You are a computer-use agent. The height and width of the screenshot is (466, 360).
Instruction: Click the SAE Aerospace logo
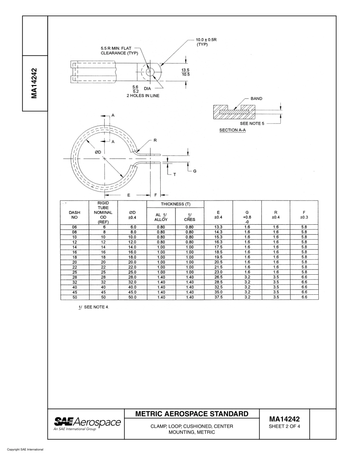point(87,424)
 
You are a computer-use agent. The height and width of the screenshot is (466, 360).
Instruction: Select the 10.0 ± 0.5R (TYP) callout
point(206,42)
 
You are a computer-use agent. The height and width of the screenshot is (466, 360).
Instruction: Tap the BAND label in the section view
point(256,99)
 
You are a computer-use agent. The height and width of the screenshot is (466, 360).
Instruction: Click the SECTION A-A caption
point(232,130)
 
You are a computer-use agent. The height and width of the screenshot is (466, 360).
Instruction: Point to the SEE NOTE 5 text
point(252,123)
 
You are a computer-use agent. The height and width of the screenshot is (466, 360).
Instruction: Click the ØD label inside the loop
point(97,152)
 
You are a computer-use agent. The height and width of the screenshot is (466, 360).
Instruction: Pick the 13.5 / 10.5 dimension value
point(185,72)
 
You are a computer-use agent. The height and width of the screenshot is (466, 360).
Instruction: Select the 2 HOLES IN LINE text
point(143,96)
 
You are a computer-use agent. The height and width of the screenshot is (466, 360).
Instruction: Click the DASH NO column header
point(74,215)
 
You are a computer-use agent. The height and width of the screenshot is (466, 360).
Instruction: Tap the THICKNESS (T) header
point(175,204)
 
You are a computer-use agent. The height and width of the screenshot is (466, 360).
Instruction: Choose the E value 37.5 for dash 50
point(218,297)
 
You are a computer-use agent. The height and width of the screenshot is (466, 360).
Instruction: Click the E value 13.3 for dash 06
point(218,227)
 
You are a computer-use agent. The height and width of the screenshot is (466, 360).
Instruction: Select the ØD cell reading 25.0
point(132,272)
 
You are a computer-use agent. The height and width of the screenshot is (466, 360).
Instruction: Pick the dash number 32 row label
point(74,282)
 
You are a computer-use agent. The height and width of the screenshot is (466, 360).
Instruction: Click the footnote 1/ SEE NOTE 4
point(94,307)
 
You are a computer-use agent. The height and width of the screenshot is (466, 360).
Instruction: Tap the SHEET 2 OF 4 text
point(284,427)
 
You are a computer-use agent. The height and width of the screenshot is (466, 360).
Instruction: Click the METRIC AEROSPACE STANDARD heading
point(192,414)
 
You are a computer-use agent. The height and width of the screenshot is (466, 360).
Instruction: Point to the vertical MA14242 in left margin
point(34,83)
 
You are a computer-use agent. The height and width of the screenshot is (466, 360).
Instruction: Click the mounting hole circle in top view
point(150,72)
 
